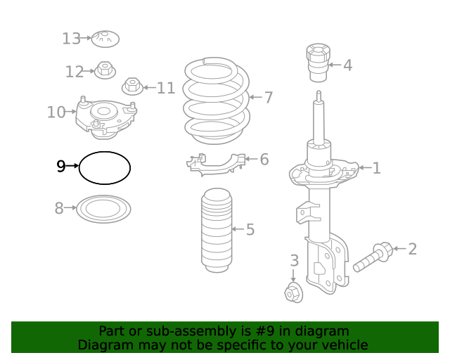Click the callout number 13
click(71, 39)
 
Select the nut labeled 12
click(105, 70)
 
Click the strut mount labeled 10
click(105, 117)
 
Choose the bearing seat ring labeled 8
click(103, 209)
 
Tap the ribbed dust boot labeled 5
click(217, 231)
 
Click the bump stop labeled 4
click(317, 63)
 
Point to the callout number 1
click(376, 168)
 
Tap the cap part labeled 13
click(104, 38)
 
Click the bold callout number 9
click(61, 167)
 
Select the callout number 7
click(268, 98)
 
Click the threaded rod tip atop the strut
click(319, 97)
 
